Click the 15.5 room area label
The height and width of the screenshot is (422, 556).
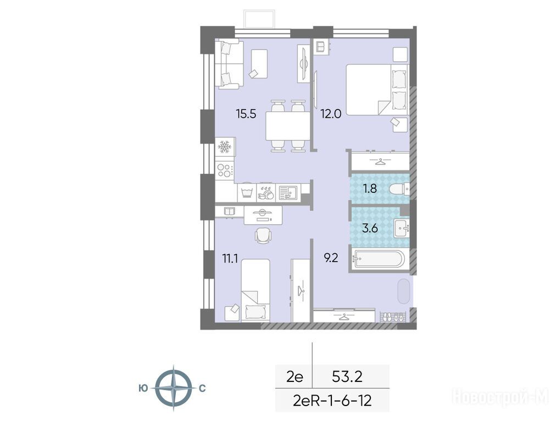click(x=246, y=114)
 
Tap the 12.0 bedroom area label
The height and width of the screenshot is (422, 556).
click(x=331, y=114)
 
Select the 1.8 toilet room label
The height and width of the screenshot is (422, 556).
click(x=370, y=188)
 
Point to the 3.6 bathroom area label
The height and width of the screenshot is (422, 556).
click(x=370, y=228)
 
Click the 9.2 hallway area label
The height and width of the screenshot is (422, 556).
click(x=331, y=258)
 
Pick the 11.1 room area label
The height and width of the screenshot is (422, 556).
click(x=230, y=259)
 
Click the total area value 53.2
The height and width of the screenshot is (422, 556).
click(x=347, y=376)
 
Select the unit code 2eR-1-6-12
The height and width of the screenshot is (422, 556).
click(x=332, y=401)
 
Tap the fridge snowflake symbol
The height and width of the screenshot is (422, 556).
click(x=225, y=147)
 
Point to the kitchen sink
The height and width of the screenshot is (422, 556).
click(x=287, y=193)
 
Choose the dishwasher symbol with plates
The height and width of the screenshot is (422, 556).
click(x=266, y=193)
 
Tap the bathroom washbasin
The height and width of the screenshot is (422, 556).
click(x=402, y=229)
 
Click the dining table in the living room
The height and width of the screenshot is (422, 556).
click(x=287, y=125)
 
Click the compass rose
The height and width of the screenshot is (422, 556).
click(x=174, y=388)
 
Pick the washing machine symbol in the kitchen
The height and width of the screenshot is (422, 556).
click(x=247, y=193)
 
